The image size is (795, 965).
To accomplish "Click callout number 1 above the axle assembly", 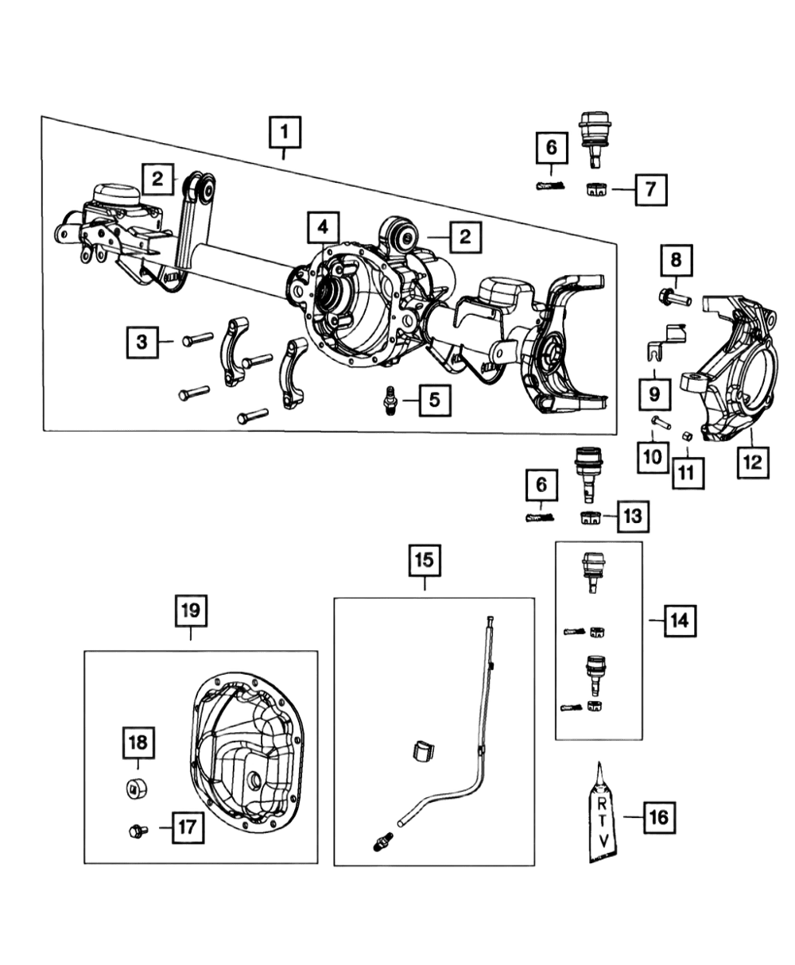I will click(285, 133).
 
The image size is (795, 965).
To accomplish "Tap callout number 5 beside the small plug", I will click(434, 400).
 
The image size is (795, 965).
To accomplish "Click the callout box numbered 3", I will click(142, 343).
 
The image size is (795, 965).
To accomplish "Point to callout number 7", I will click(650, 189).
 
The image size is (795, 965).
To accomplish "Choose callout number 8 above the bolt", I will click(675, 261).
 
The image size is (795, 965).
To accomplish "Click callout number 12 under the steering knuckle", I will click(752, 460).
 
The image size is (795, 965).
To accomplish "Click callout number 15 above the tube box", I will click(425, 560).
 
